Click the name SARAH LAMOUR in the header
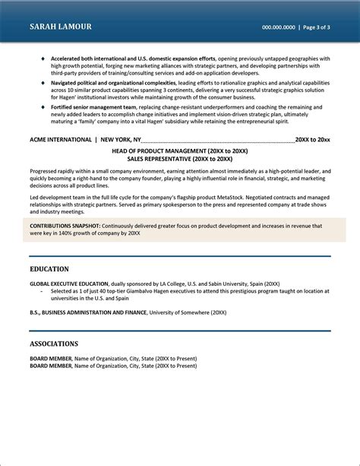pyautogui.click(x=61, y=27)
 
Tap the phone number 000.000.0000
pyautogui.click(x=279, y=27)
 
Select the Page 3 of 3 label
pyautogui.click(x=314, y=27)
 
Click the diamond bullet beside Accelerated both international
pyautogui.click(x=43, y=58)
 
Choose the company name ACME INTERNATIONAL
pyautogui.click(x=60, y=119)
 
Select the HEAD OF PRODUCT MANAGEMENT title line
pyautogui.click(x=179, y=130)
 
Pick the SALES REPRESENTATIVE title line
pyautogui.click(x=179, y=138)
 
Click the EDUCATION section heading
pyautogui.click(x=49, y=268)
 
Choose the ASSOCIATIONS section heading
pyautogui.click(x=54, y=344)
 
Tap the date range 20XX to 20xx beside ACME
pyautogui.click(x=312, y=119)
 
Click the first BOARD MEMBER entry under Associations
pyautogui.click(x=51, y=358)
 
